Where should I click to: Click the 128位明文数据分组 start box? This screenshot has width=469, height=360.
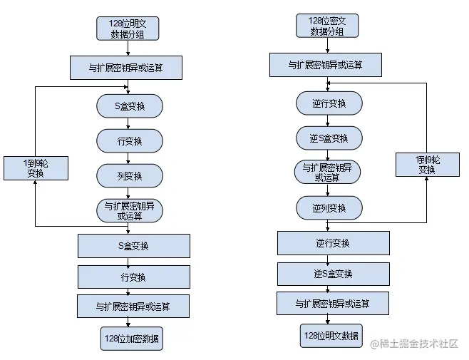(x=128, y=28)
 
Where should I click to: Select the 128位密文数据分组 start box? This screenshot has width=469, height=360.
(x=327, y=26)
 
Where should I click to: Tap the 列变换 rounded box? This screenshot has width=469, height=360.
(x=129, y=175)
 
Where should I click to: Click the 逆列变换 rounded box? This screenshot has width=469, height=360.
(x=329, y=208)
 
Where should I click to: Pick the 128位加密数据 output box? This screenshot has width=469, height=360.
(x=132, y=339)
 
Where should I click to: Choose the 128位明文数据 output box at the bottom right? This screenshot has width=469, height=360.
(x=331, y=335)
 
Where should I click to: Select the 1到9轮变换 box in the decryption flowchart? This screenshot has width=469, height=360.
(x=426, y=165)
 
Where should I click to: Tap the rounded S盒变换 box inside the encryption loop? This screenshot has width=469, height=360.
(x=129, y=106)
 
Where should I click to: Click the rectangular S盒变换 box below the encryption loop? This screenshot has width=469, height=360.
(x=134, y=246)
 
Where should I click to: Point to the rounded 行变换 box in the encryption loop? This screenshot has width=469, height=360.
(x=129, y=141)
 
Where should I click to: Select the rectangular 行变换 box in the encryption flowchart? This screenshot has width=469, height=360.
(x=134, y=277)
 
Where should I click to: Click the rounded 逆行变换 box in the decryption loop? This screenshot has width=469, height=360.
(x=329, y=103)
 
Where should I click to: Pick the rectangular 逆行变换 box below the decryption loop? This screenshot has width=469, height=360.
(x=333, y=243)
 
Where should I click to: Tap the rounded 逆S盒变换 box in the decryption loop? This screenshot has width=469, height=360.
(x=329, y=138)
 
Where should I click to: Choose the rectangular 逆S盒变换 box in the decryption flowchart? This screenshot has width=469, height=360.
(x=333, y=274)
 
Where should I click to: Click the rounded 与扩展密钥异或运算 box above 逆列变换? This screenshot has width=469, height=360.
(x=329, y=173)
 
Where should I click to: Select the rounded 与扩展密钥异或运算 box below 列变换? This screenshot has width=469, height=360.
(x=129, y=210)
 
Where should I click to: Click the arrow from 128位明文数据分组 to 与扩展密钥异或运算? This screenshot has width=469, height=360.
(x=128, y=48)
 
